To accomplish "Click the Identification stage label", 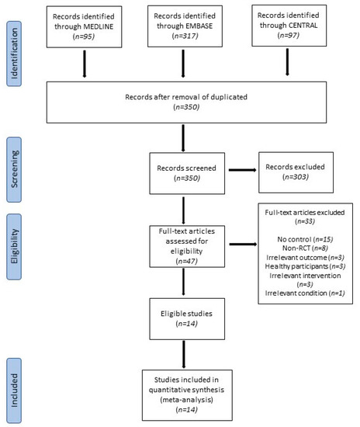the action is (14, 54).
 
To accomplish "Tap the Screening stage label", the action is (14, 169).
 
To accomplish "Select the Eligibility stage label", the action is (14, 247).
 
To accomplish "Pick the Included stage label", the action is (14, 391).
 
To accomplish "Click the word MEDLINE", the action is (99, 26).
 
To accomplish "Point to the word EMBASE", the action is (199, 26).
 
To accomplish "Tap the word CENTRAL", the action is (303, 26).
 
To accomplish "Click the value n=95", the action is (84, 36).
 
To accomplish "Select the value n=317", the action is (185, 36).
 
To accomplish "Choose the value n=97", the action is (289, 35).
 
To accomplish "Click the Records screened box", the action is (187, 173).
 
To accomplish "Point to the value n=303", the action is (296, 177).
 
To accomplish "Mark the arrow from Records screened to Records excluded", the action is (242, 170).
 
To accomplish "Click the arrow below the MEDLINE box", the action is (85, 64).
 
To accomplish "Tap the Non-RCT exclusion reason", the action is (305, 248).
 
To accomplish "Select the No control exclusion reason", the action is (305, 239).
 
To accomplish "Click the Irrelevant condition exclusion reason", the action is (305, 293).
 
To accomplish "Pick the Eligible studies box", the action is (187, 319).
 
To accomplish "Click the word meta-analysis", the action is (187, 400).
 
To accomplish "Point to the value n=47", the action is (187, 261).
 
